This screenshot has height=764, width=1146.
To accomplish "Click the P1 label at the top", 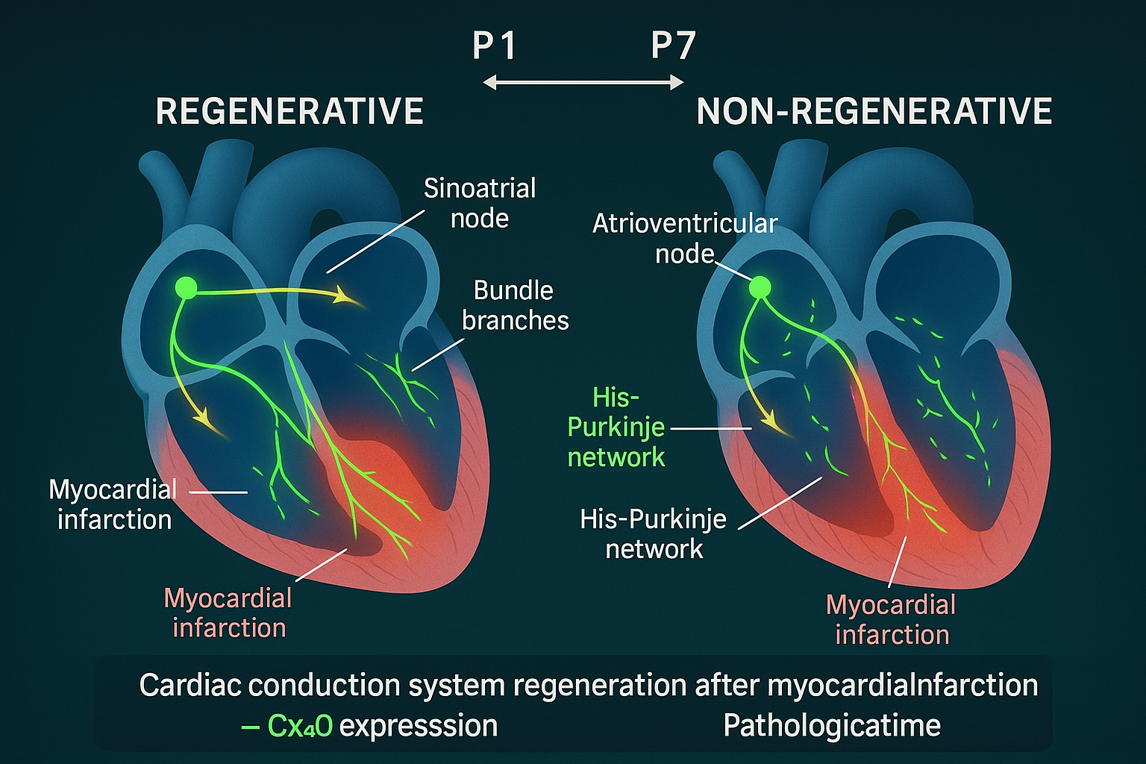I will tap(495, 46).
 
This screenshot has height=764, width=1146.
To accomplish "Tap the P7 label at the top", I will tap(673, 46).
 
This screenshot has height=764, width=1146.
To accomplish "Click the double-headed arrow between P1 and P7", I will tap(583, 82).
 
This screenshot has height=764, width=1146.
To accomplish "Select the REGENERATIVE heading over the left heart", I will tap(289, 112).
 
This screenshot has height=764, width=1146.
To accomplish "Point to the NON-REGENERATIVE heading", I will tap(874, 112).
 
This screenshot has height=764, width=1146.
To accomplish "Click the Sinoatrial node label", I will tap(480, 203).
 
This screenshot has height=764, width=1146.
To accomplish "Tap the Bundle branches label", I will tap(515, 305).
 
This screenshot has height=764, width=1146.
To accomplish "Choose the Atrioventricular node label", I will tap(684, 239).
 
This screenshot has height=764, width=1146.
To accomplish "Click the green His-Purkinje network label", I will tap(616, 427).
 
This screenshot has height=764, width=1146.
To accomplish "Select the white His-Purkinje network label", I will tap(653, 533).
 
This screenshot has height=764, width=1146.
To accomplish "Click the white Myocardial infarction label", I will tap(113, 504).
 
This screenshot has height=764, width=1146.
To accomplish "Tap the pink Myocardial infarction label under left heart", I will tap(228, 613).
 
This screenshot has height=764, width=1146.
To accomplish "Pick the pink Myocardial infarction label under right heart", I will tap(891, 619).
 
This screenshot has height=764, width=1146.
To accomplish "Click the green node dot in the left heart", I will tap(186, 288).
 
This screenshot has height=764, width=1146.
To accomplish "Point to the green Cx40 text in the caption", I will tap(299, 726).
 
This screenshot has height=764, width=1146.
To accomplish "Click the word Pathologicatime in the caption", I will tap(832, 726).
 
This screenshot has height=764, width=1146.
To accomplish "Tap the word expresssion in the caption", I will tap(419, 726).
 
